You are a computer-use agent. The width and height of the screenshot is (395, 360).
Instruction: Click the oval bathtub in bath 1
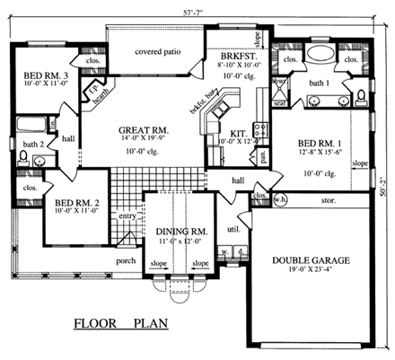[x=320, y=55]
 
